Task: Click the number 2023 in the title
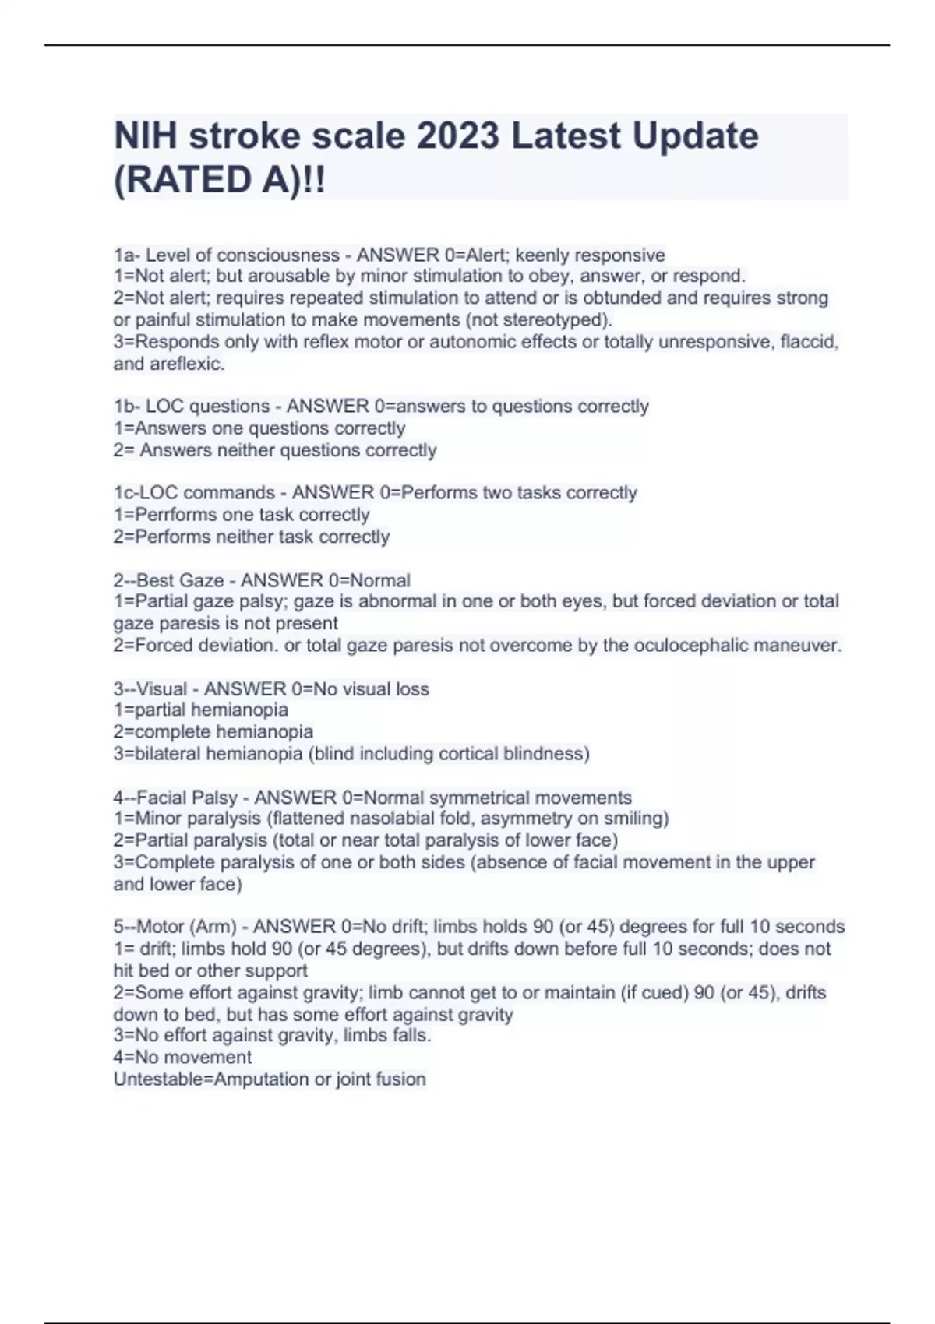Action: click(457, 136)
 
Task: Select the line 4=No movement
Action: click(182, 1057)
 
